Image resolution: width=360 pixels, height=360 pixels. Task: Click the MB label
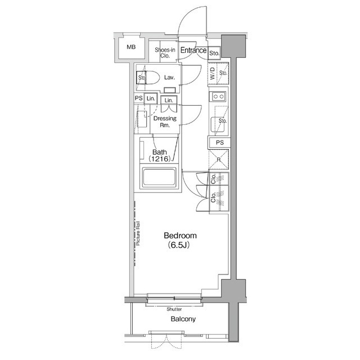click(x=130, y=47)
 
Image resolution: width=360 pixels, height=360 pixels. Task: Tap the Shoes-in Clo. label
click(x=165, y=53)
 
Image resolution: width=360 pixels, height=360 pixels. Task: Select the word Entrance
click(x=193, y=51)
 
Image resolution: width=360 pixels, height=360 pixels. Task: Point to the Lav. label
click(x=169, y=77)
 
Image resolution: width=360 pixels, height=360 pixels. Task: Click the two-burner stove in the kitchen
click(x=218, y=97)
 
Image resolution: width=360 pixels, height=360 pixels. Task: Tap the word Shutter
click(x=174, y=309)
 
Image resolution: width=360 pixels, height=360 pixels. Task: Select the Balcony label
click(x=183, y=319)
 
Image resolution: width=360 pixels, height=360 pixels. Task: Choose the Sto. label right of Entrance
click(x=214, y=53)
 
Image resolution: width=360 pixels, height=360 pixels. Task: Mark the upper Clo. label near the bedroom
click(x=214, y=181)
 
